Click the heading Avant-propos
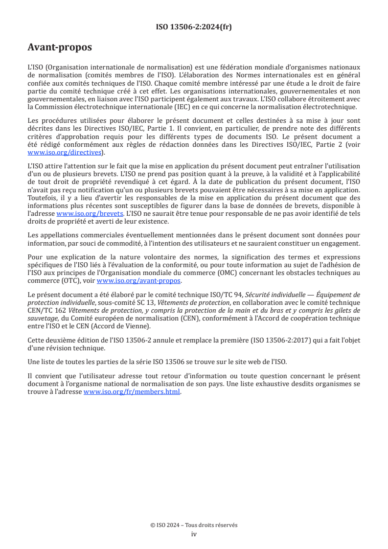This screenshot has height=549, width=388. [x=60, y=47]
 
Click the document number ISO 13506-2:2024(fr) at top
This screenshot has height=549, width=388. [x=194, y=27]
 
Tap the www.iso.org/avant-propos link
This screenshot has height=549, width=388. [x=139, y=281]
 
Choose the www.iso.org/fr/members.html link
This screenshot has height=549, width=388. [x=132, y=392]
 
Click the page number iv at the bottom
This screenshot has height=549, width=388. [x=194, y=534]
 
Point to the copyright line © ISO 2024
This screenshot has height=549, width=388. [x=194, y=525]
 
